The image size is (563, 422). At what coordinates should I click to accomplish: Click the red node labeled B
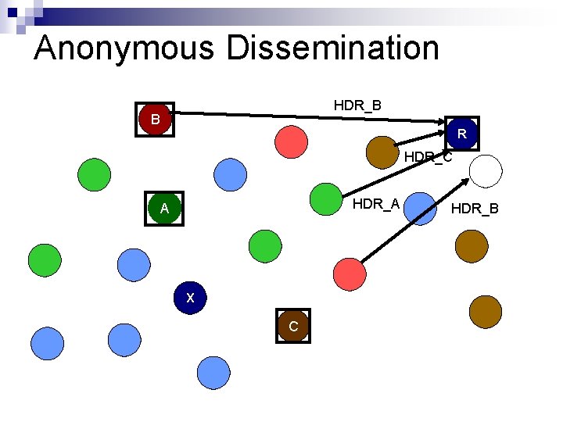click(x=155, y=120)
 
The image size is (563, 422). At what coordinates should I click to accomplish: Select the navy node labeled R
click(x=462, y=134)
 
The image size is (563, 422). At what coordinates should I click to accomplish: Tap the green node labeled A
click(x=164, y=209)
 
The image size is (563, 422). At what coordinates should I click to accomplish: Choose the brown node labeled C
click(x=292, y=326)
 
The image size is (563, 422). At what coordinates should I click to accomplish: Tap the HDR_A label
click(x=376, y=205)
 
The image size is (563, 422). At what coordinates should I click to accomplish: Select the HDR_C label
click(x=428, y=158)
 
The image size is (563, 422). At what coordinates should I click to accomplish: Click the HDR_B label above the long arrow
click(x=357, y=105)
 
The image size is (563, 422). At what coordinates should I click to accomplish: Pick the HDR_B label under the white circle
click(x=475, y=208)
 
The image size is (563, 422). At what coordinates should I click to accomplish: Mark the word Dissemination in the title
click(x=334, y=48)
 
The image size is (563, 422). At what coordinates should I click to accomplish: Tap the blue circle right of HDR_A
click(x=422, y=209)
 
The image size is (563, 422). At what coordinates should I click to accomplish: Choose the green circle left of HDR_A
click(x=325, y=199)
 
